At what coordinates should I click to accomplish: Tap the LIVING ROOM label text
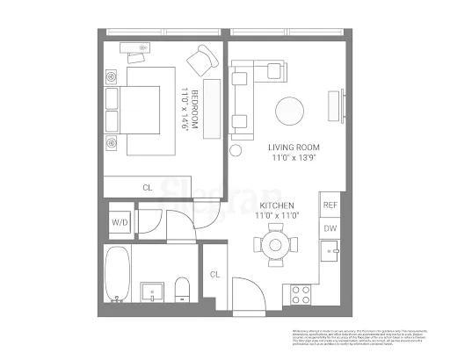point(294,147)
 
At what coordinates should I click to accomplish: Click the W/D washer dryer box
point(119,223)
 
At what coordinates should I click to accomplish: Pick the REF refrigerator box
point(330,205)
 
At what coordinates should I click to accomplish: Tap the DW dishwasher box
point(330,228)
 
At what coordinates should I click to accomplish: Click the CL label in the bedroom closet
point(147,187)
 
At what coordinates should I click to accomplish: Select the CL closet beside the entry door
point(214,275)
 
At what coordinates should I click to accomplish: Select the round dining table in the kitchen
point(276,243)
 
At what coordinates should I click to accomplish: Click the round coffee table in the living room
point(291,111)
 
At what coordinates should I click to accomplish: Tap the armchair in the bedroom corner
point(202,61)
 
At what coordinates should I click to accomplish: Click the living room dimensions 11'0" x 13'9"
point(294,160)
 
